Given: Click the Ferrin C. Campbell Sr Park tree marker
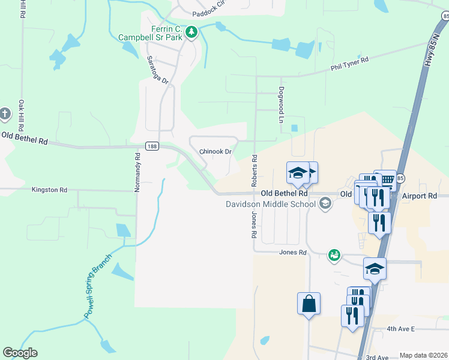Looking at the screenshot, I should pos(191,32).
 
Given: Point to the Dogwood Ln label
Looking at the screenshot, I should pos(280,104).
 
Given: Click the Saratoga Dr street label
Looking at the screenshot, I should pos(158,70).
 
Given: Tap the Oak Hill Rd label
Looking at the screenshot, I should pos(21,116).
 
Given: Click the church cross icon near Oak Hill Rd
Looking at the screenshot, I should pos(5,114).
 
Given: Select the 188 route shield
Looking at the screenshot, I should pos(151,146).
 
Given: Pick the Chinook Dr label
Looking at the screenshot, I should pos(215,152).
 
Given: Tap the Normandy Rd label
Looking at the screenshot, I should pos(137,172).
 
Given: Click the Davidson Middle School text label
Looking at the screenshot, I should pos(270,204).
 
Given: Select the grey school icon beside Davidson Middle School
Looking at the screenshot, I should pos(325,204).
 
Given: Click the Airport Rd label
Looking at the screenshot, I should pos(420,196).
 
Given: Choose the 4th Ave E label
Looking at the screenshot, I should pos(400,329).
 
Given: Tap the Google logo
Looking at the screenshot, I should pos(20,353).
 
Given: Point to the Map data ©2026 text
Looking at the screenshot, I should pos(423,355).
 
